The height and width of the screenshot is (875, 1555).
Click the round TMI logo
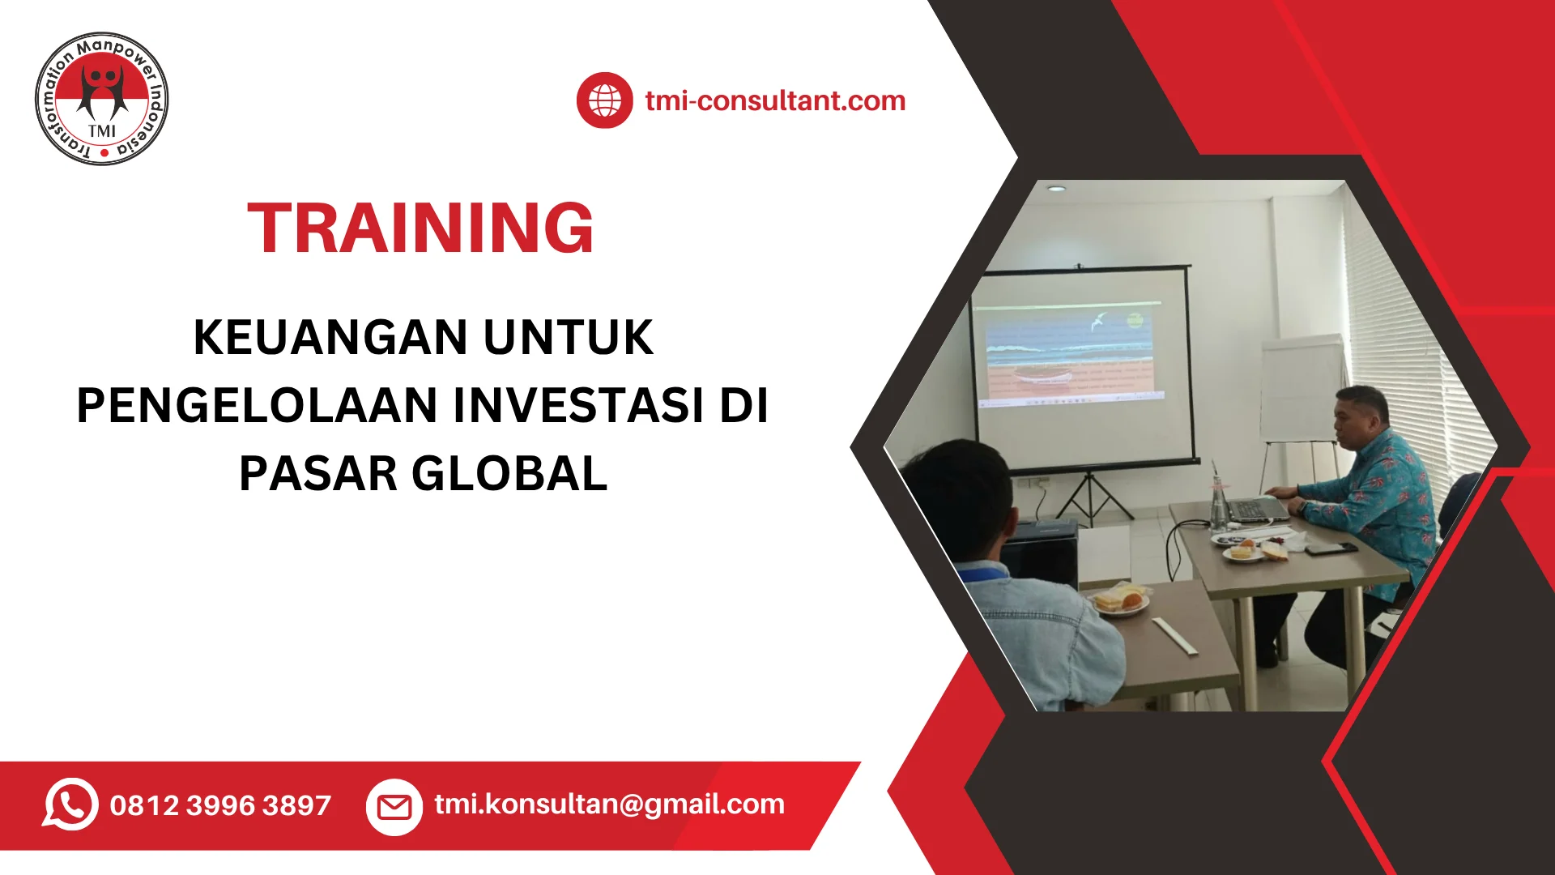click(x=102, y=99)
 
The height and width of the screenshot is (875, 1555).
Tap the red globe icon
click(x=604, y=100)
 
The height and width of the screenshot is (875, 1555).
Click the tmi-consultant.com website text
click(x=775, y=100)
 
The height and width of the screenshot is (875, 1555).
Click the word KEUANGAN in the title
click(x=330, y=337)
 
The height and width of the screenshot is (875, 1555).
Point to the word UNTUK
click(x=569, y=337)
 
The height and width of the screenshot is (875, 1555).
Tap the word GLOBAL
click(x=509, y=474)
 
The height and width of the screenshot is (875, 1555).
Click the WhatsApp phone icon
click(x=70, y=804)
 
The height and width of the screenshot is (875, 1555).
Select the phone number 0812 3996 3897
click(x=220, y=805)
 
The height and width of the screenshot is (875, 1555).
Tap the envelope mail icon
click(x=394, y=807)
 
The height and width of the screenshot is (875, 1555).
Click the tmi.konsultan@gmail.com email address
click(x=609, y=804)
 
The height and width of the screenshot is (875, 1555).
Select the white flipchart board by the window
click(x=1301, y=389)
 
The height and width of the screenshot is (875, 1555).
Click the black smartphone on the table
click(x=1330, y=548)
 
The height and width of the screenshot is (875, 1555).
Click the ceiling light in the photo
click(x=1056, y=188)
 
